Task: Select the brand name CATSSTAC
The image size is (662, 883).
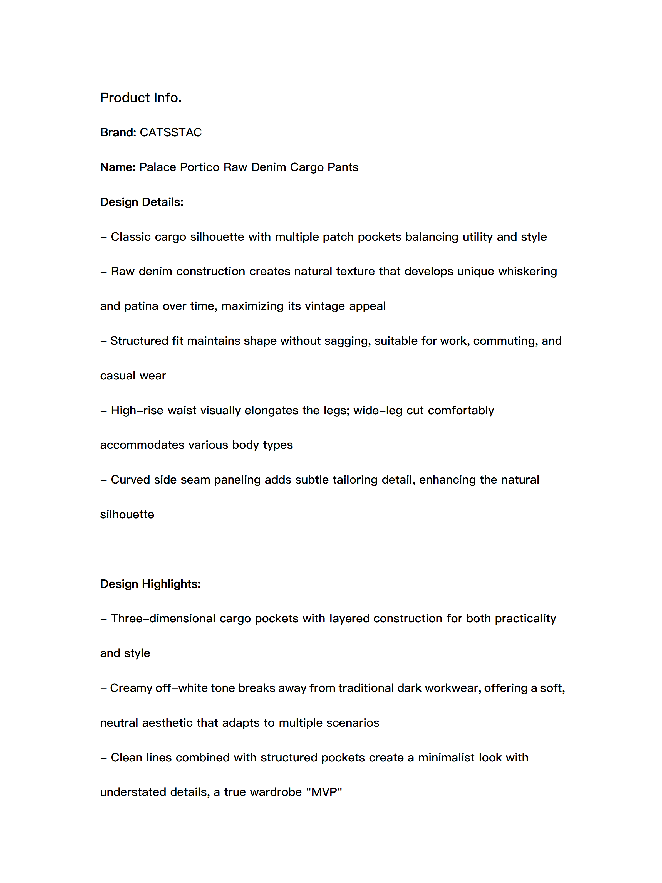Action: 170,132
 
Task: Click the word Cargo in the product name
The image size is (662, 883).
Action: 306,167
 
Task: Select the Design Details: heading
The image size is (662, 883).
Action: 142,202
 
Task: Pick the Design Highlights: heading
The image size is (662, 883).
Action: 150,584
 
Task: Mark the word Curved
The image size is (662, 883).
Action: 130,480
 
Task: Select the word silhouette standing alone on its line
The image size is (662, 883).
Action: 127,515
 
